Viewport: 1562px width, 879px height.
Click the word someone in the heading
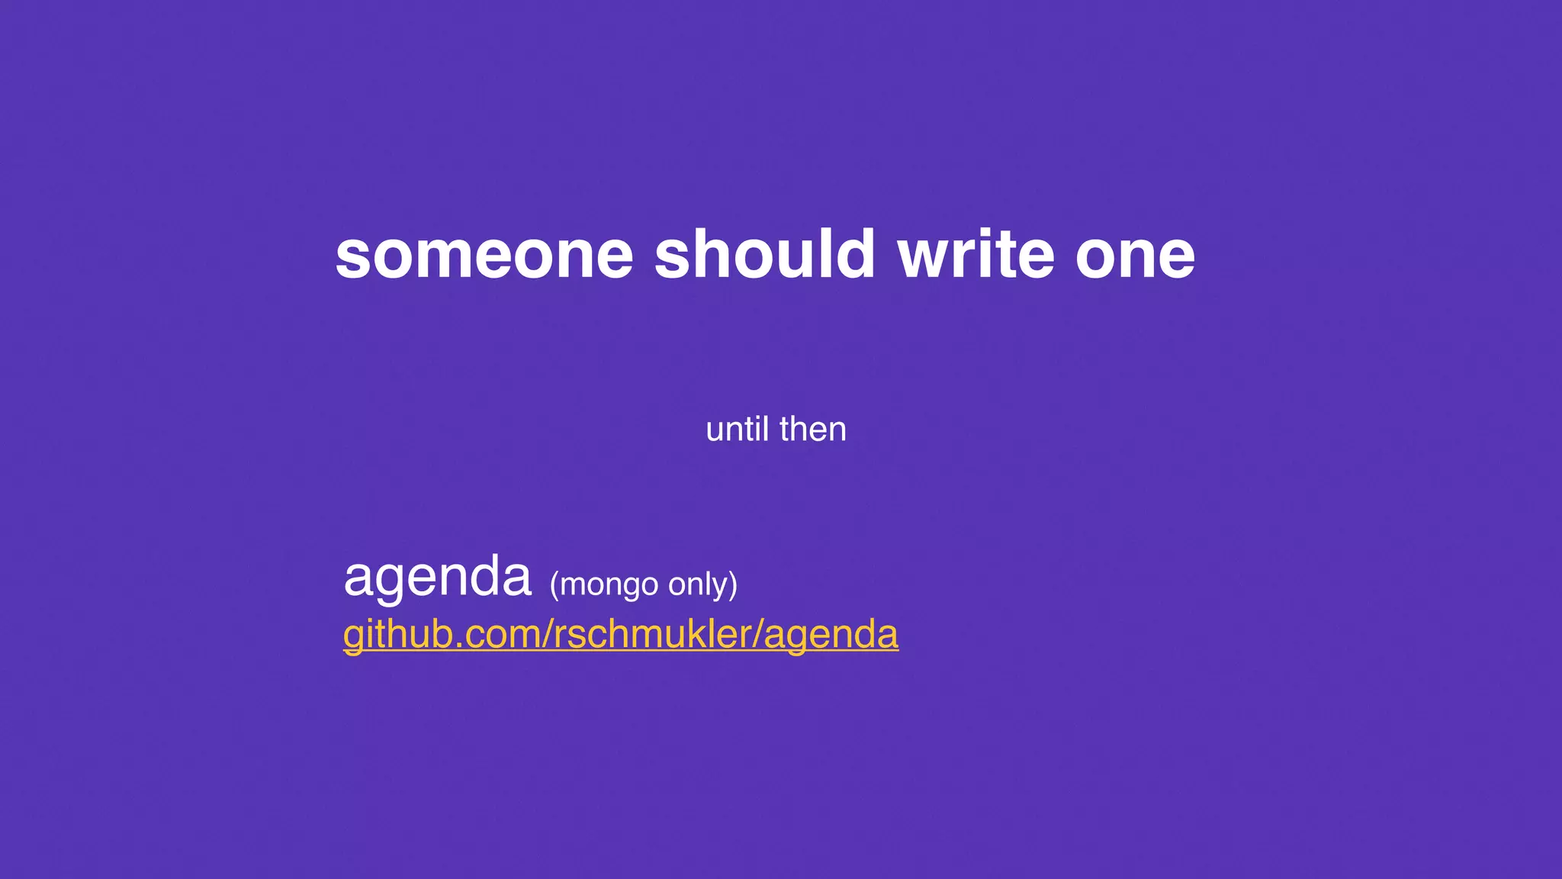point(484,255)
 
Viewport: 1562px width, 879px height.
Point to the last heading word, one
point(1135,256)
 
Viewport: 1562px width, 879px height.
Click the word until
point(737,429)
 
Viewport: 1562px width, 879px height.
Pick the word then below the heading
point(813,429)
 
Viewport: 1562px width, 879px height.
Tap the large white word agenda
point(437,578)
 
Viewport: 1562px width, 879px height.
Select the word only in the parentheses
point(697,584)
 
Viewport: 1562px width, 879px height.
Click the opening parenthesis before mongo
point(554,585)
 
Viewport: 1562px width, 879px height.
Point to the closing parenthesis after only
point(733,585)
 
